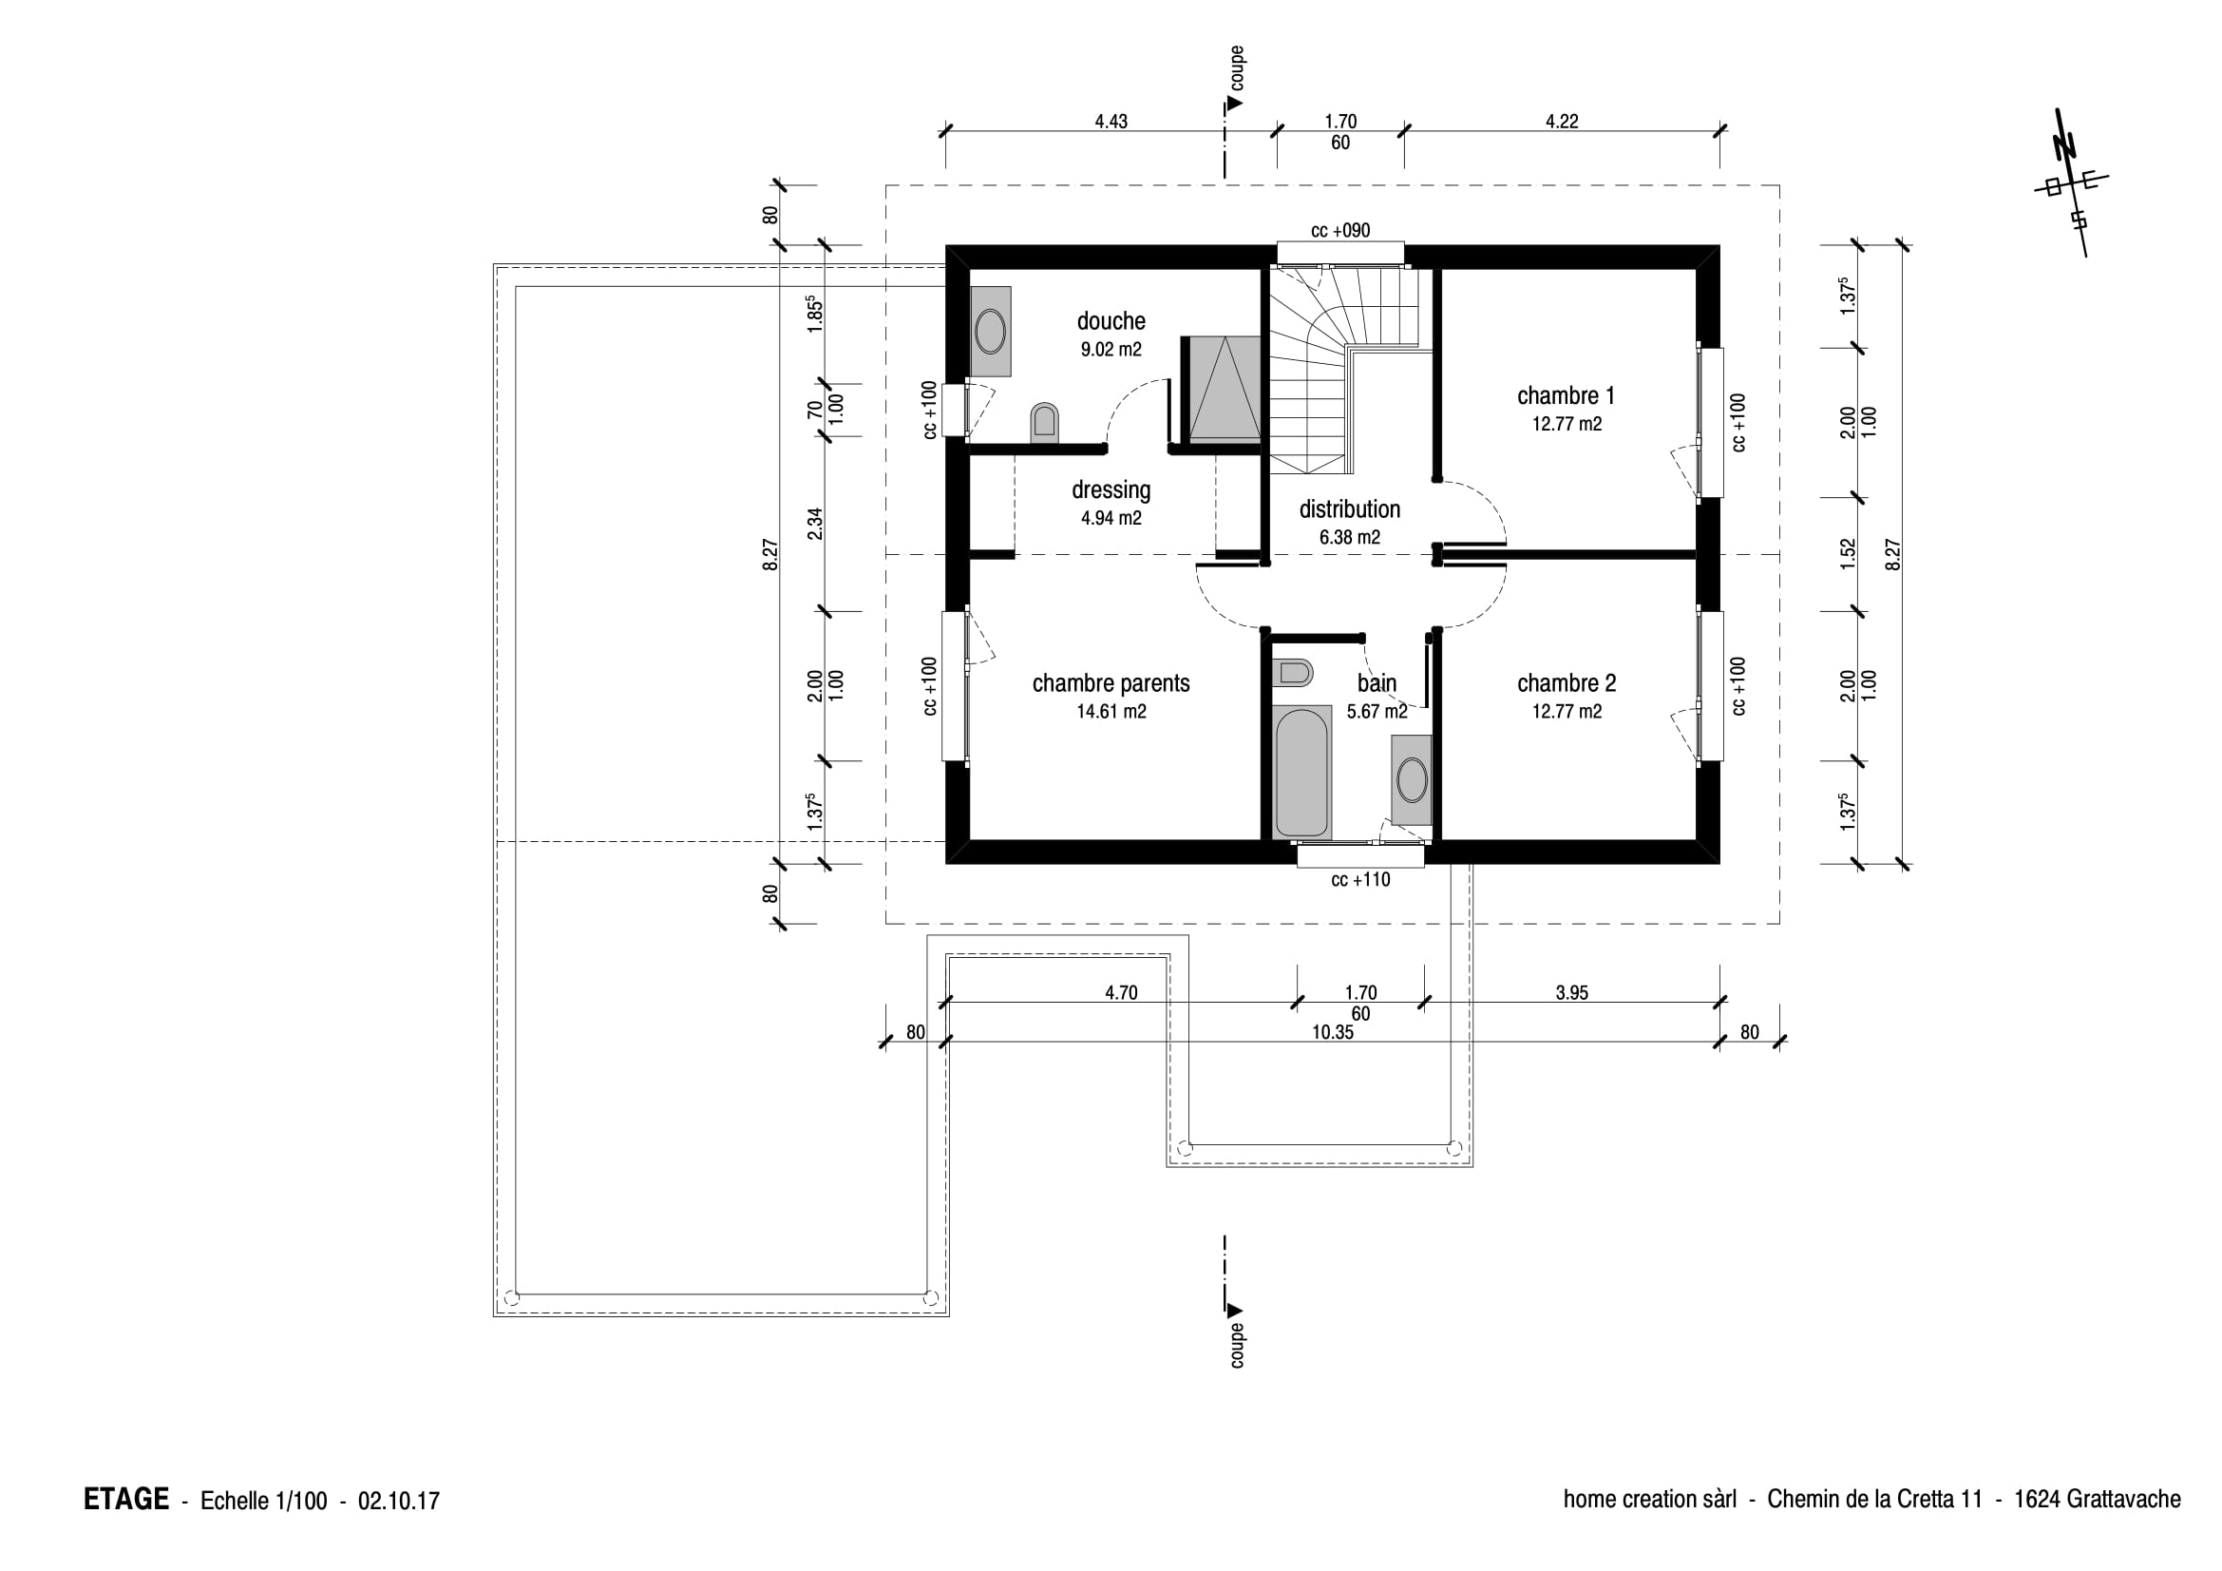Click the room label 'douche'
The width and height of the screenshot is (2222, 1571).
[1111, 321]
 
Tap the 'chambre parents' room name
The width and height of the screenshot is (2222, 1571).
[1111, 683]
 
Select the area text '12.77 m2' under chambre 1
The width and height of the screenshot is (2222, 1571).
[1567, 424]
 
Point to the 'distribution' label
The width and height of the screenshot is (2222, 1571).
[1349, 509]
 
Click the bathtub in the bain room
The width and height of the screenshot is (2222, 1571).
[1301, 773]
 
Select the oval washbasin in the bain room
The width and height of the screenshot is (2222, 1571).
[1412, 780]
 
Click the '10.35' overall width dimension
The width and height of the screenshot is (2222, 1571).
[1332, 1033]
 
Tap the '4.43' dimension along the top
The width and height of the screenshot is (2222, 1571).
[1111, 122]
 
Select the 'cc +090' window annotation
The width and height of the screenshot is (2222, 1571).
[1340, 231]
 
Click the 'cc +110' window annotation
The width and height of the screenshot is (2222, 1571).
[1360, 880]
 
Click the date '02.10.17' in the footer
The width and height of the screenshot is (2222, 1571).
[399, 1502]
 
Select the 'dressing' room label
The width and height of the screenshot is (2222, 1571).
[1111, 490]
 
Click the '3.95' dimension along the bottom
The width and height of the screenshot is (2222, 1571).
[1571, 993]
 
